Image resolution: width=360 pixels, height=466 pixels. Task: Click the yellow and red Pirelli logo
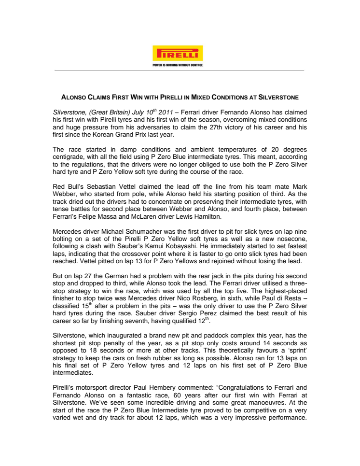(x=178, y=53)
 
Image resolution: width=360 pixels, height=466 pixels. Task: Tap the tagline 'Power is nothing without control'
(x=178, y=64)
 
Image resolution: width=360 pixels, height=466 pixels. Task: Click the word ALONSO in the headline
(x=79, y=97)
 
